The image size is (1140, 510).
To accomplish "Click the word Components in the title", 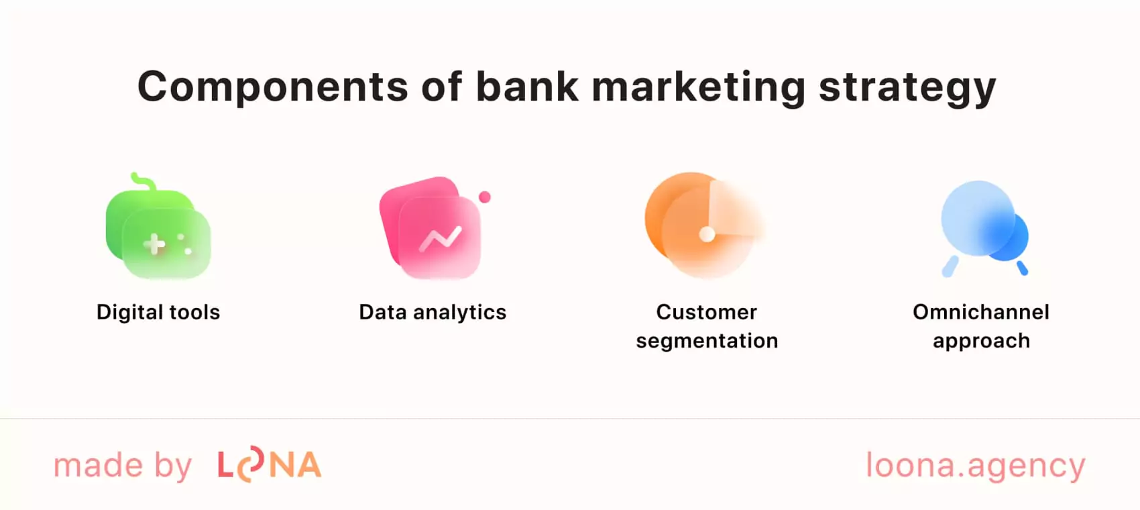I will coord(272,87).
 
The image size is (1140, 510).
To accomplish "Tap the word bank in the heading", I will coord(527,87).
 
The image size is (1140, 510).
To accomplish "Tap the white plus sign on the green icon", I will coord(155,244).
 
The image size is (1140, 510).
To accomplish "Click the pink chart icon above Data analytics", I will coord(432,228).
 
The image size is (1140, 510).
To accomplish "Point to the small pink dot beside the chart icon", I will coord(485,197).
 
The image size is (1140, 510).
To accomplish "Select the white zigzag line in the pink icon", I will coord(440,238).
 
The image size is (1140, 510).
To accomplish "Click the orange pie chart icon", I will coord(701,225).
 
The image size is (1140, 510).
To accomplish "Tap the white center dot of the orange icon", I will coord(707,234).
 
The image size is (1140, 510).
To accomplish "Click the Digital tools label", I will coord(158,312).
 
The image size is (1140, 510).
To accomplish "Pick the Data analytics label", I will coord(433,312).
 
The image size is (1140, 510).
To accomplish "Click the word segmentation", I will coord(707,341).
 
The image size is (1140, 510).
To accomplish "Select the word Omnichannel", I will coord(981,312).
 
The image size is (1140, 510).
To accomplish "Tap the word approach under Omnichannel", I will coord(981,341).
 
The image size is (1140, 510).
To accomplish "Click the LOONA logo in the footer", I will coord(270,465).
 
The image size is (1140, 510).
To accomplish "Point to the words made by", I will coord(123,466).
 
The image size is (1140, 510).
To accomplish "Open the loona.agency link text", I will coord(975,466).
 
